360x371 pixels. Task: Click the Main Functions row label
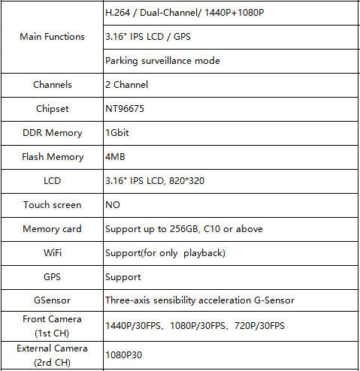52,37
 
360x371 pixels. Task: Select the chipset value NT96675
125,109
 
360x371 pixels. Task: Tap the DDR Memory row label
53,133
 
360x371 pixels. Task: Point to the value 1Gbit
117,133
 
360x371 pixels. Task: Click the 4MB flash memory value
115,157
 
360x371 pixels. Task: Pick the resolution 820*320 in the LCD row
186,181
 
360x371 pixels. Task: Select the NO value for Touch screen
113,205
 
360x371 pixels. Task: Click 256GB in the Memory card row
184,229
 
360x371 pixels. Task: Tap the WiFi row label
53,252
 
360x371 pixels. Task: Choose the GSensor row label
52,300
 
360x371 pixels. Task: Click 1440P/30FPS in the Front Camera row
133,326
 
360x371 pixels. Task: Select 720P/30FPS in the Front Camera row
259,326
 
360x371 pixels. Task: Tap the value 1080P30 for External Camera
124,355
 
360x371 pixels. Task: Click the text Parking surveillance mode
162,61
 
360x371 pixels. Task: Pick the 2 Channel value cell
127,85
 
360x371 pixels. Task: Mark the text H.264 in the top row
118,13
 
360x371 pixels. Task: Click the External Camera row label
52,355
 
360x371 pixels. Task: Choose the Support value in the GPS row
123,277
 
